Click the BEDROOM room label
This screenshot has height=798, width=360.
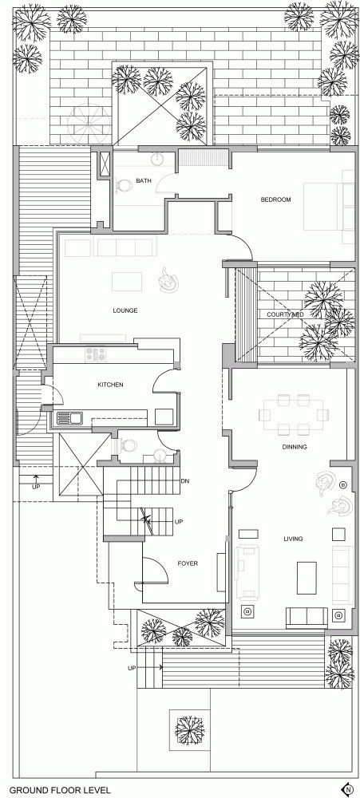pyautogui.click(x=276, y=199)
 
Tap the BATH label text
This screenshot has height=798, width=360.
pyautogui.click(x=141, y=180)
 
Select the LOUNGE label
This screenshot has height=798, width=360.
pyautogui.click(x=125, y=310)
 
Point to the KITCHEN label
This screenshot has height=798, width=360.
pyautogui.click(x=110, y=385)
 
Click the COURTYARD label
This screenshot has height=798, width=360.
pyautogui.click(x=285, y=314)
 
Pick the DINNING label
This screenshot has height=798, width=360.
pyautogui.click(x=295, y=447)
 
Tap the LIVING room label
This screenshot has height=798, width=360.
pyautogui.click(x=293, y=539)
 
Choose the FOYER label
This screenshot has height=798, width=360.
pyautogui.click(x=188, y=563)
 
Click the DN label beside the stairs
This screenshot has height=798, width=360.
pyautogui.click(x=185, y=480)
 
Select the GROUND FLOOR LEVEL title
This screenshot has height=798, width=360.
pyautogui.click(x=60, y=790)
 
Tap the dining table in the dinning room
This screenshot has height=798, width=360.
pyautogui.click(x=293, y=415)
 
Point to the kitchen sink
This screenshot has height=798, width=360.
pyautogui.click(x=70, y=418)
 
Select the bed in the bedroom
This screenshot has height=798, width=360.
pyautogui.click(x=329, y=206)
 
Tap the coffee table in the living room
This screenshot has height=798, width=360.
pyautogui.click(x=307, y=578)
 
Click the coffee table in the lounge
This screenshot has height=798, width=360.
pyautogui.click(x=127, y=282)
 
